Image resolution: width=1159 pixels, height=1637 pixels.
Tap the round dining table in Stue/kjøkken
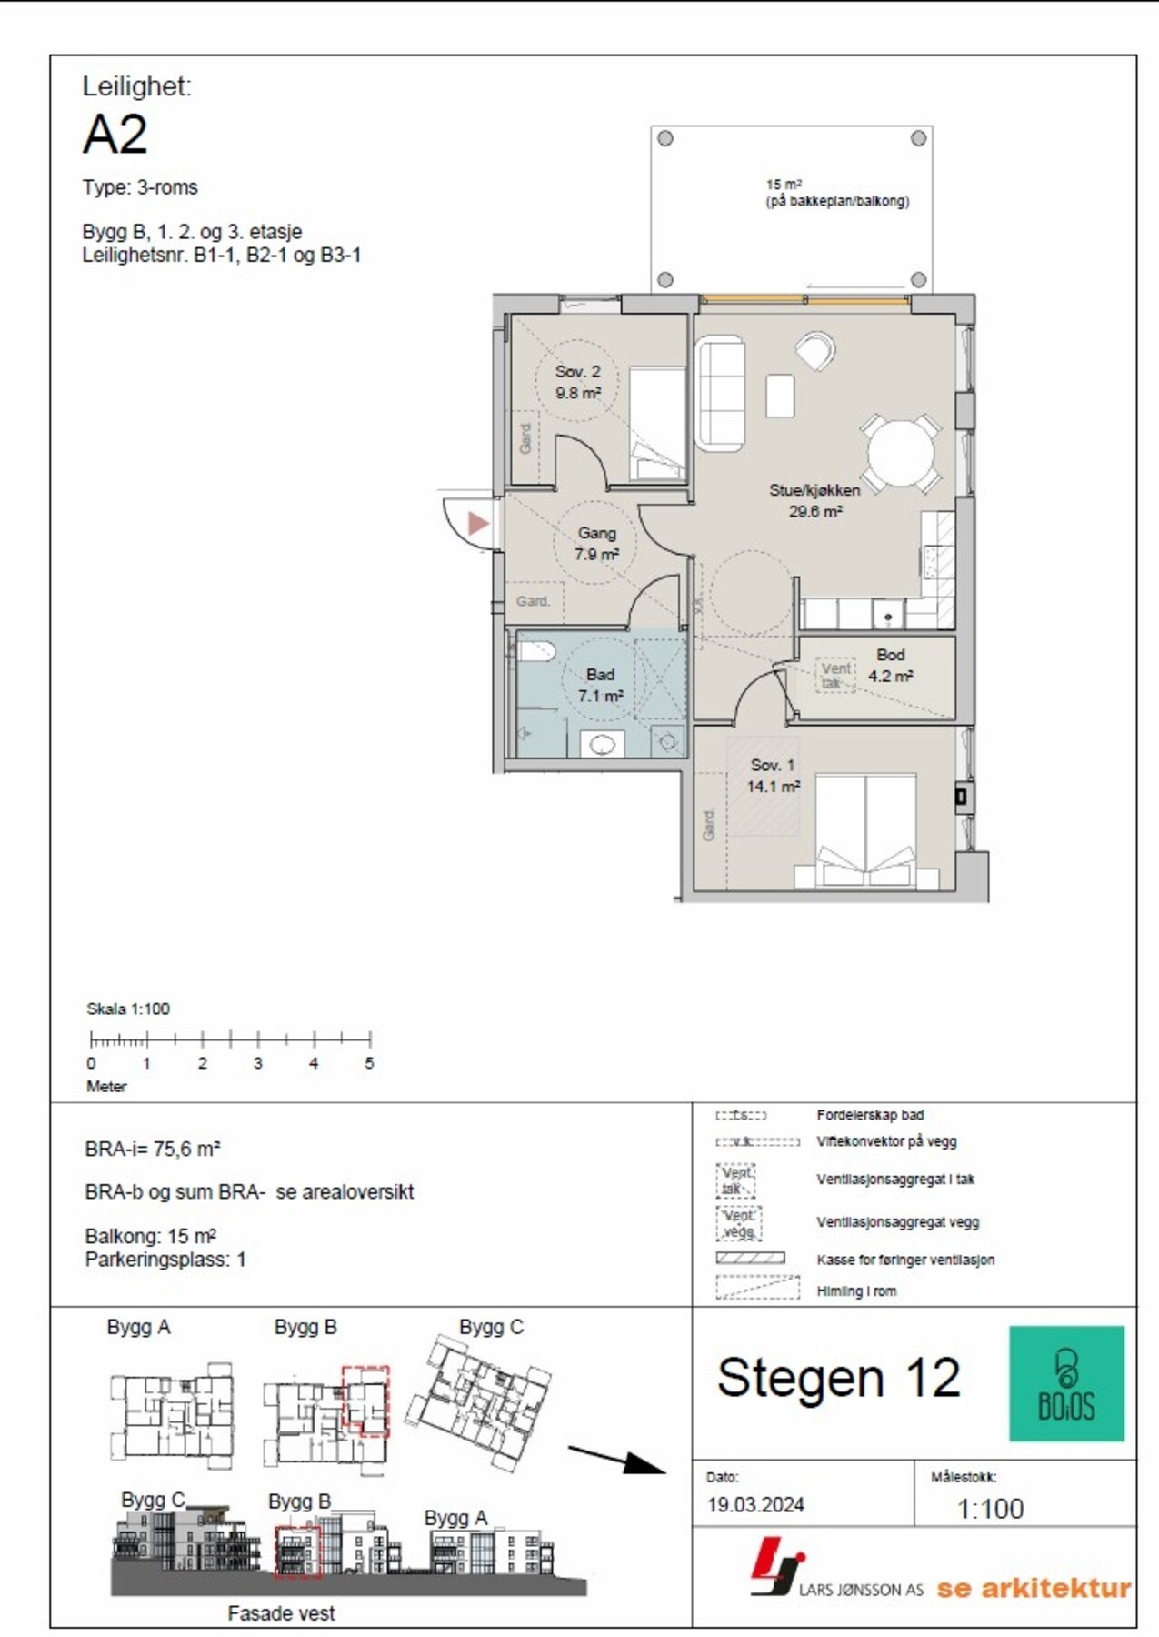point(900,454)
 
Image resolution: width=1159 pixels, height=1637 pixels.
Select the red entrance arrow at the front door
point(478,523)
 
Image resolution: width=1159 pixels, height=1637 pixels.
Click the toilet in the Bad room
point(536,652)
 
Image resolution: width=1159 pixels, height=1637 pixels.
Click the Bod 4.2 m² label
point(890,666)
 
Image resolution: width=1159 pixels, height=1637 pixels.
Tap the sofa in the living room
point(720,393)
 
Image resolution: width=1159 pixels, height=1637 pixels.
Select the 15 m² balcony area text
point(836,193)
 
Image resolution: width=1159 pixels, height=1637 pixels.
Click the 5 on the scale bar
point(369,1062)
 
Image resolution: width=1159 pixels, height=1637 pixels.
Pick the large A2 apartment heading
point(115,135)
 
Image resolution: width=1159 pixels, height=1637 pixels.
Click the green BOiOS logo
point(1066,1382)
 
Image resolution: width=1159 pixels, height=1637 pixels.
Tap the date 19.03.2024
point(755,1505)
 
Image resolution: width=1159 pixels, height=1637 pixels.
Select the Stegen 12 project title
point(838,1378)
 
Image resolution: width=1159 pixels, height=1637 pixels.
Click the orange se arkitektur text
point(1034,1588)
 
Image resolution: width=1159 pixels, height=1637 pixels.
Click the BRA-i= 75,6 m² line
point(153,1149)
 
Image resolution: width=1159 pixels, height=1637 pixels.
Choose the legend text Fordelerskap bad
point(870,1115)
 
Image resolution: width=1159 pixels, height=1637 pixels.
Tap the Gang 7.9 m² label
point(596,544)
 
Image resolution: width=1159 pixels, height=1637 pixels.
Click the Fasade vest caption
point(281,1612)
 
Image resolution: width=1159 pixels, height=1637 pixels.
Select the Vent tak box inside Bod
point(834,675)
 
